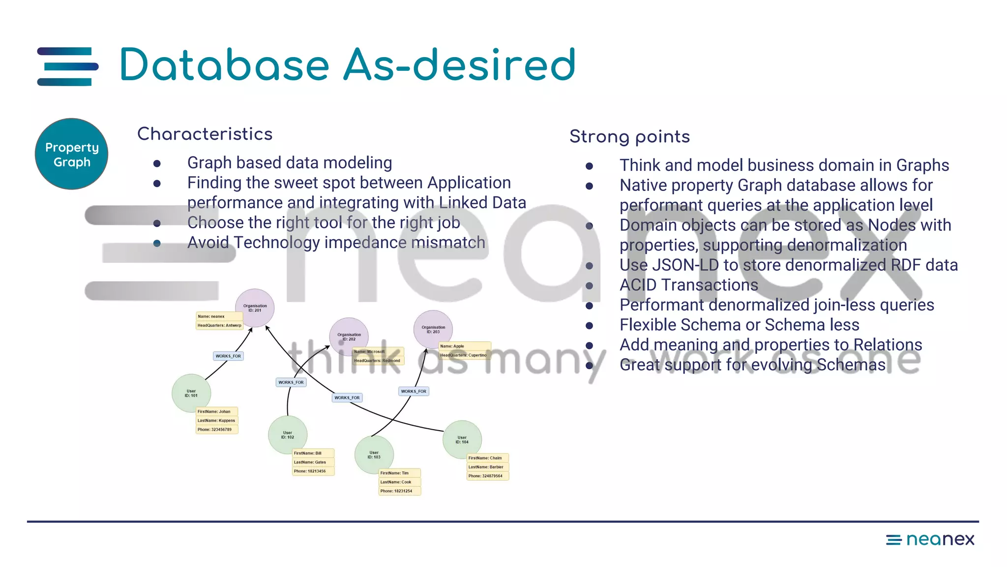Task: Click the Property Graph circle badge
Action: tap(71, 154)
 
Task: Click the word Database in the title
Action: tap(224, 65)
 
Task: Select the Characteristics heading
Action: tap(205, 134)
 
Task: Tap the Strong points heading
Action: tap(629, 136)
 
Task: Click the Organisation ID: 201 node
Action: tap(255, 308)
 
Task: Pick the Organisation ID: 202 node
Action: tap(349, 337)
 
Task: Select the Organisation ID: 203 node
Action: tap(433, 329)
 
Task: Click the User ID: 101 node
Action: tap(191, 393)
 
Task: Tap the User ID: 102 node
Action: tap(287, 435)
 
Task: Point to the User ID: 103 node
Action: tap(374, 455)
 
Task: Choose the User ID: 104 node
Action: tap(462, 440)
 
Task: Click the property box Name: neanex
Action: tap(216, 316)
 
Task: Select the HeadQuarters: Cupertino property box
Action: tap(463, 355)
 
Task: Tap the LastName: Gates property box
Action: tap(313, 462)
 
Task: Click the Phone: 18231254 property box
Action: tap(399, 491)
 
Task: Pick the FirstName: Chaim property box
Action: tap(487, 458)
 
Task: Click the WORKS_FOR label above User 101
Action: tap(228, 356)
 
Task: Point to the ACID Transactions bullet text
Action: tap(688, 285)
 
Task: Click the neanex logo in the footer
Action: tap(930, 539)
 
